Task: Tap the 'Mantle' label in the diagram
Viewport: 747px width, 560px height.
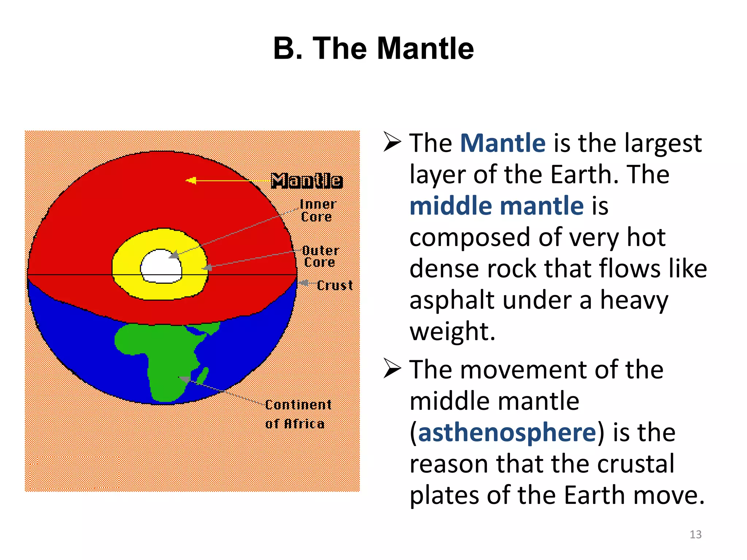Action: (x=307, y=181)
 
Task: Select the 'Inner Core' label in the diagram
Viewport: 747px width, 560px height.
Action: (x=317, y=211)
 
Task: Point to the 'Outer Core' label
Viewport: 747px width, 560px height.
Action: (x=320, y=256)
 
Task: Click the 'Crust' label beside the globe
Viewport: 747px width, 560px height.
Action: (x=334, y=285)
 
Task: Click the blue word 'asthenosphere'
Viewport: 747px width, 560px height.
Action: (x=507, y=432)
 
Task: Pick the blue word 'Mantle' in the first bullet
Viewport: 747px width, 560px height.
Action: (x=503, y=143)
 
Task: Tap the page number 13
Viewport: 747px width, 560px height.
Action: (x=695, y=534)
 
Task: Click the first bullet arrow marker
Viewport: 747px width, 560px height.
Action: (x=392, y=142)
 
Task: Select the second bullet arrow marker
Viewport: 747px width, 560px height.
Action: (x=392, y=369)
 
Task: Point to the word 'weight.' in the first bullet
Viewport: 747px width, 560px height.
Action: (x=452, y=331)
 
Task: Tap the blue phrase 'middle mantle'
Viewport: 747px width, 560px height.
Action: (x=496, y=206)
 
